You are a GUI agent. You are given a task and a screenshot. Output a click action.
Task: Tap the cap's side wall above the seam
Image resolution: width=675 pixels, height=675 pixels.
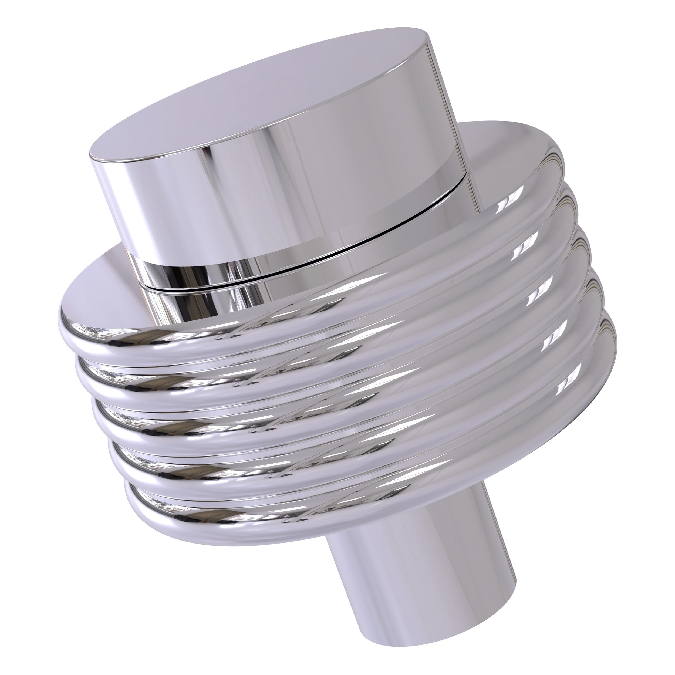click(x=279, y=196)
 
